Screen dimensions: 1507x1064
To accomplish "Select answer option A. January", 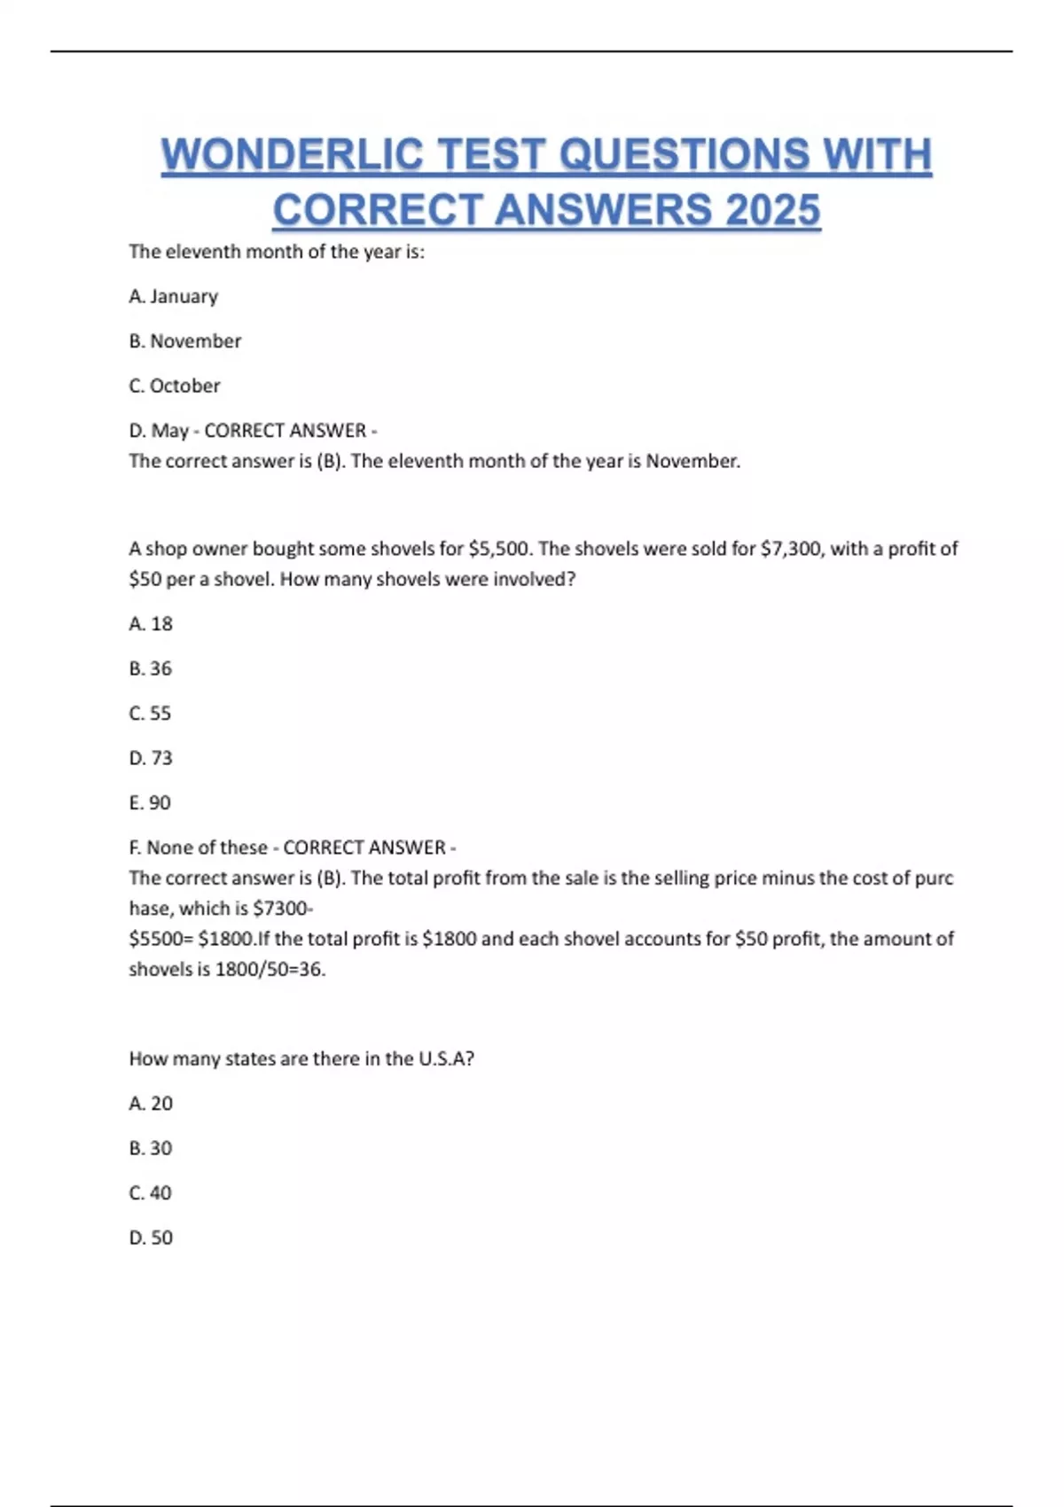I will pos(173,296).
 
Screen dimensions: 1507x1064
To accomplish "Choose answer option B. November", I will pos(184,341).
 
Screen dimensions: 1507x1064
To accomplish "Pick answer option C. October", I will pos(174,386).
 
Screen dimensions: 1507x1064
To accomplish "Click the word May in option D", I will pos(169,431).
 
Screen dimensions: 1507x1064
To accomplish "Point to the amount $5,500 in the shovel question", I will pos(500,549).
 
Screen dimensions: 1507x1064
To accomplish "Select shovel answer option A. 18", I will pos(150,624).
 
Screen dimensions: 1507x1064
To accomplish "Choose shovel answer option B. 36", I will pos(150,668).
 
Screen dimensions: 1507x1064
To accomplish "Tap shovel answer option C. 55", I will pos(150,714).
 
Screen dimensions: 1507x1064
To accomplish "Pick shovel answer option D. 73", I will pos(150,758).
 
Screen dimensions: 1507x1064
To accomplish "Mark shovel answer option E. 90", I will pos(149,803).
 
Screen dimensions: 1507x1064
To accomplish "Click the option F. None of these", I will pos(198,847).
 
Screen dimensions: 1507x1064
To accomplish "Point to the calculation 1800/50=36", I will pos(270,970).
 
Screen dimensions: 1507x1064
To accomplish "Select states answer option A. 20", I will pos(150,1104).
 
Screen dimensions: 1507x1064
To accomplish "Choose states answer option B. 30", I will pos(150,1148).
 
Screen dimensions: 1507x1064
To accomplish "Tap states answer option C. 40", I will pos(150,1193).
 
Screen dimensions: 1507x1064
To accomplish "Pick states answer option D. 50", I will pos(150,1238).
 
